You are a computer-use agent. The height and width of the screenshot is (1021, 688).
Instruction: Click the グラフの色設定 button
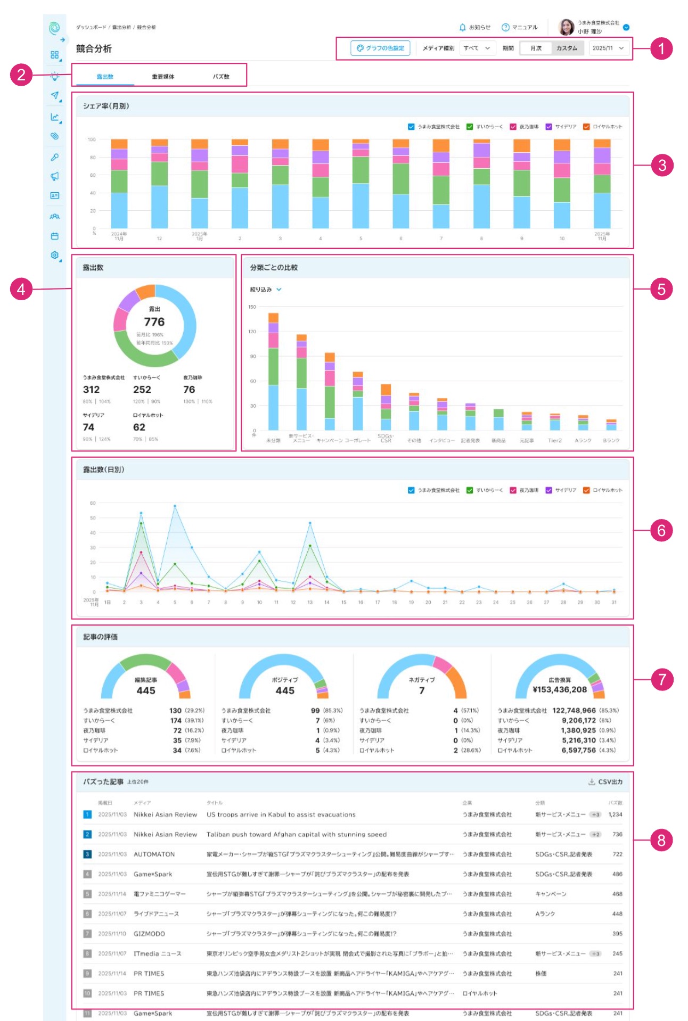380,48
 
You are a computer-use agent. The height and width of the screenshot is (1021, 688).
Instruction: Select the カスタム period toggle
567,48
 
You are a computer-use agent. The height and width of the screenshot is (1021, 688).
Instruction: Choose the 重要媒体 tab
163,77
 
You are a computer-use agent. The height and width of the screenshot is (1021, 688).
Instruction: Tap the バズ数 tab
221,77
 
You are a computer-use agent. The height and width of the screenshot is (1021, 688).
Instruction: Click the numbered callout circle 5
661,289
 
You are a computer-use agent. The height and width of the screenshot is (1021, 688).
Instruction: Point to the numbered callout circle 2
21,74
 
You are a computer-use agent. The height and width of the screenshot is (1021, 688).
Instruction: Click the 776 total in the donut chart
154,322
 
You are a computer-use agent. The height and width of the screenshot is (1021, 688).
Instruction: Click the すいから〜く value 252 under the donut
142,390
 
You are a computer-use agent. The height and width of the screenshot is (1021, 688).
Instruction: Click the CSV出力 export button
605,782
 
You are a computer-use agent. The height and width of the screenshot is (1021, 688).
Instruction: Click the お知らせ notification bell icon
463,27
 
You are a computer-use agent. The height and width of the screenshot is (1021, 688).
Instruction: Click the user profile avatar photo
566,27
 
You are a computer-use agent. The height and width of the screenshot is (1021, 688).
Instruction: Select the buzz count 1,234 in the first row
615,814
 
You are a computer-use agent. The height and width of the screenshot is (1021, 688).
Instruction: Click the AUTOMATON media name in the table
154,854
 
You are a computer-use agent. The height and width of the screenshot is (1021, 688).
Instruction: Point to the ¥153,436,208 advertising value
560,689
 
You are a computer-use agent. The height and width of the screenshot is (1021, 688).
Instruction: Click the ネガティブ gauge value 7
422,690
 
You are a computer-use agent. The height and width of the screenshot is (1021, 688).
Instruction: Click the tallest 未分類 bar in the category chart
273,373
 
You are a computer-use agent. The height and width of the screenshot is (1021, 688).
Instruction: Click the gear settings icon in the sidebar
54,255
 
